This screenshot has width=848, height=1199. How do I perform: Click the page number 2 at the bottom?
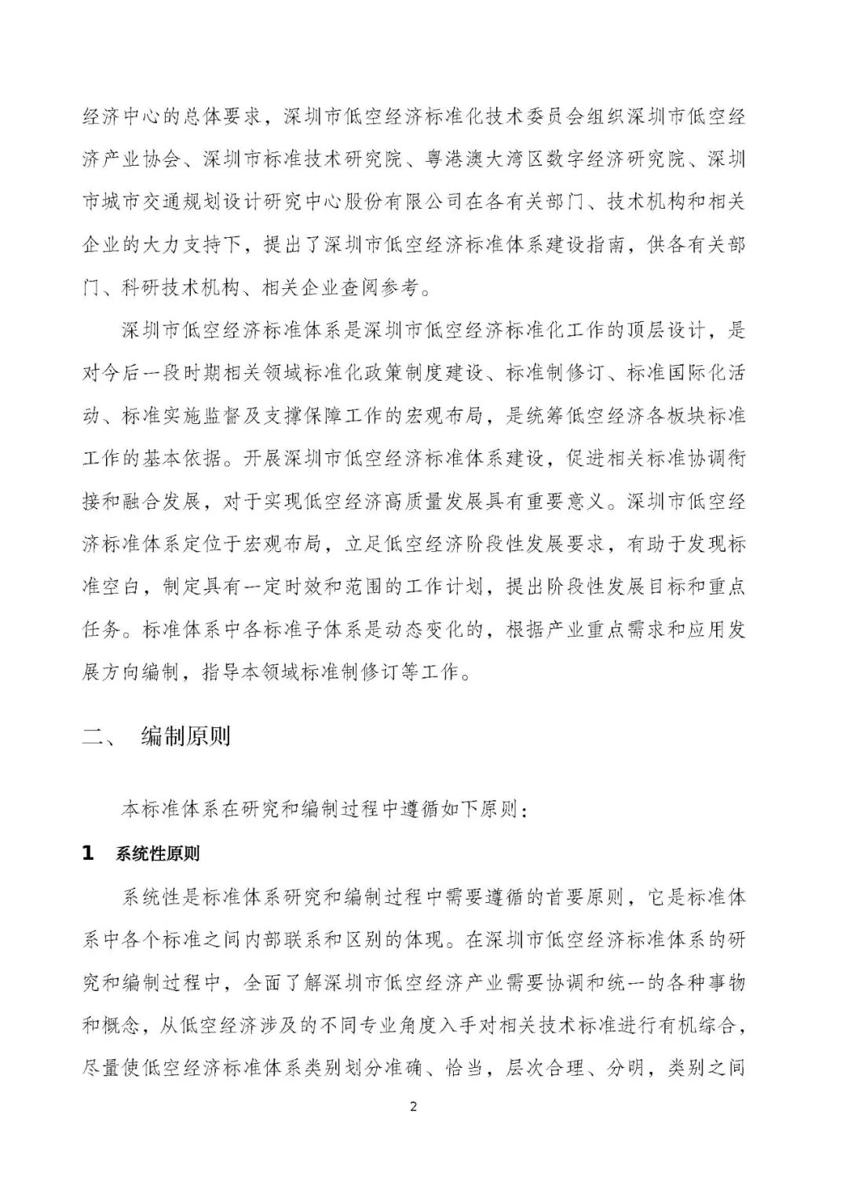click(414, 1107)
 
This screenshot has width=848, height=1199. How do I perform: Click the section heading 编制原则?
click(186, 737)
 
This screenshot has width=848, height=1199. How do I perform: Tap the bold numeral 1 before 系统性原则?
click(88, 854)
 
